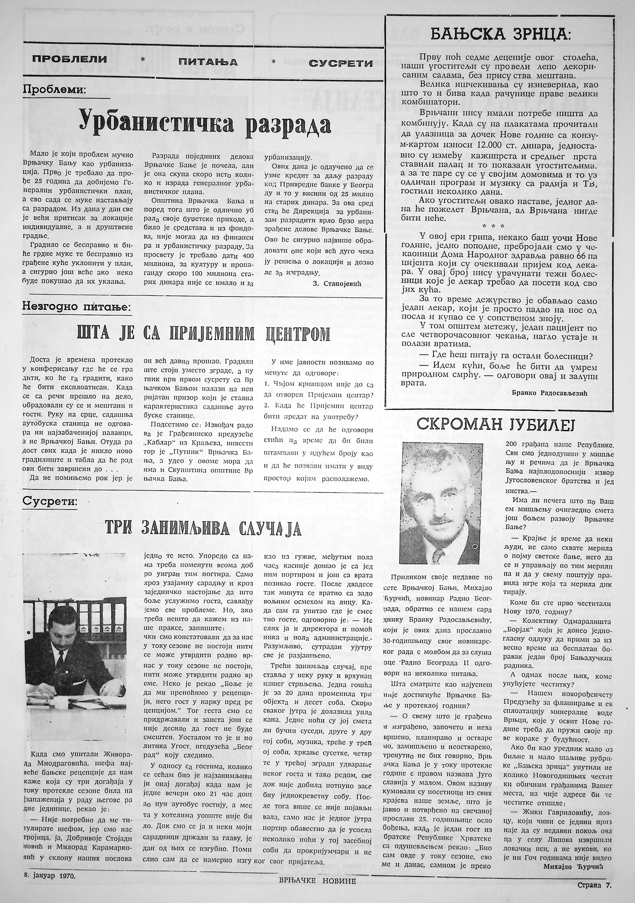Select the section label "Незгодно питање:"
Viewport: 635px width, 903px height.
click(x=76, y=307)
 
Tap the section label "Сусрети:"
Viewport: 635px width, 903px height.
click(x=50, y=501)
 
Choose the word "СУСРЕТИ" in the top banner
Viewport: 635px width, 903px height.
click(x=340, y=63)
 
